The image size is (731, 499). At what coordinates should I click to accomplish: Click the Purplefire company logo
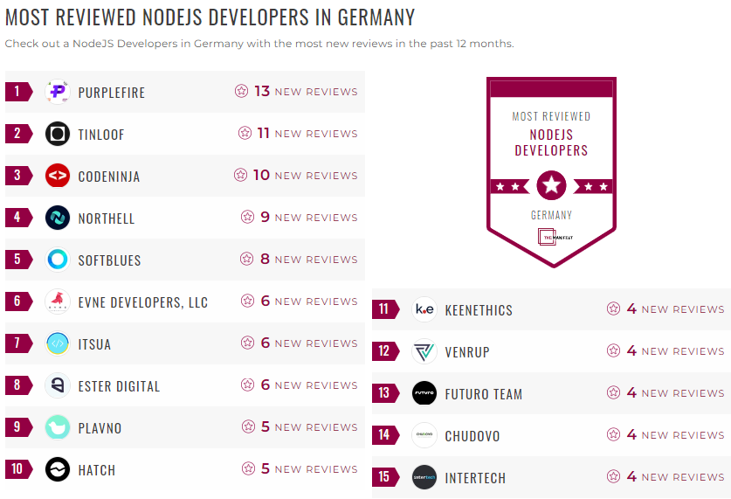click(x=58, y=92)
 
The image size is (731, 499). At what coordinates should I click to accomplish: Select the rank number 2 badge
click(x=17, y=134)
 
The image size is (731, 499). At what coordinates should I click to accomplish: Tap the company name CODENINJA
click(x=108, y=177)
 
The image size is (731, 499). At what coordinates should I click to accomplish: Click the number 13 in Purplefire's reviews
click(x=261, y=92)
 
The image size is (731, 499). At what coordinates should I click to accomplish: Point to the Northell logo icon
click(x=58, y=218)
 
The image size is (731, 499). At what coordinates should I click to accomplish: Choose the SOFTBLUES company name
click(x=109, y=260)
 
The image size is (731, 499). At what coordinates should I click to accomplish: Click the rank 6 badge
click(x=17, y=301)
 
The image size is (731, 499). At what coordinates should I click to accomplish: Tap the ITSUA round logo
click(x=58, y=343)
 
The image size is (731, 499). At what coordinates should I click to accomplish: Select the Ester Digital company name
click(x=119, y=386)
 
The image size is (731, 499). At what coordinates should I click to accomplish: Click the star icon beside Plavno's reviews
click(x=248, y=427)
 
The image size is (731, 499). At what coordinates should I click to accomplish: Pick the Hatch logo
click(x=58, y=469)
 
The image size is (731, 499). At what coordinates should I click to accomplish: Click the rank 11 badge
click(x=384, y=309)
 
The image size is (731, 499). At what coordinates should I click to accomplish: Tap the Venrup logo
click(x=424, y=351)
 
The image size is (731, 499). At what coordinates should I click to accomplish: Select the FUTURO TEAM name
click(x=483, y=394)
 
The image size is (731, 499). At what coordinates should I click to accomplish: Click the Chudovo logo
click(x=424, y=435)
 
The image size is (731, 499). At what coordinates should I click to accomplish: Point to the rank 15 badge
click(x=384, y=477)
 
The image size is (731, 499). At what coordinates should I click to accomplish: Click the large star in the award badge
click(x=551, y=185)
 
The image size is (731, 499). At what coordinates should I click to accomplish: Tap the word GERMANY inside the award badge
click(x=551, y=215)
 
